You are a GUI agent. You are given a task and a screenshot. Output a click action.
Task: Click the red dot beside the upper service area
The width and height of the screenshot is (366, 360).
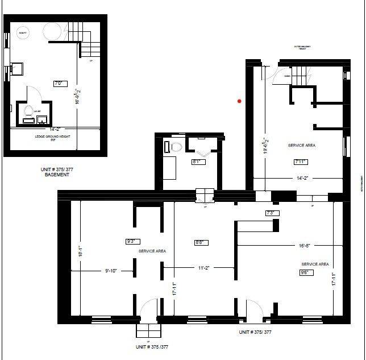(240, 101)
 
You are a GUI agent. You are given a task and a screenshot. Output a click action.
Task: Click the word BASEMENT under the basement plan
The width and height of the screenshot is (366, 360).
(57, 175)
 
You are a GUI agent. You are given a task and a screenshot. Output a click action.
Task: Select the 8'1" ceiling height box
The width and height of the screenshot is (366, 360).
(198, 162)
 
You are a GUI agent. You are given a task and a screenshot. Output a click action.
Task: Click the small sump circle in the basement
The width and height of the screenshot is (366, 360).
(24, 33)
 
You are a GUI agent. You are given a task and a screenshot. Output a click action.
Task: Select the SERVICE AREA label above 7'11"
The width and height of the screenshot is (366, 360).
(302, 146)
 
